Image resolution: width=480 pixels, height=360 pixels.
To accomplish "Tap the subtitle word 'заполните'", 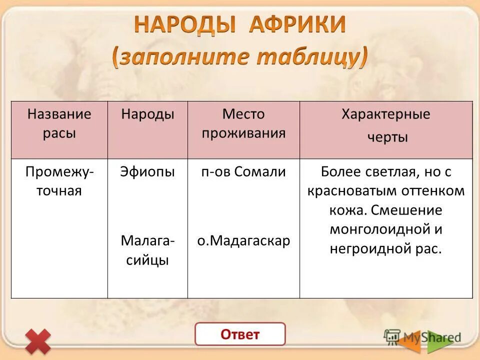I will [181, 57].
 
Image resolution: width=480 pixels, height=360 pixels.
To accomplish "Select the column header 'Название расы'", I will [59, 123].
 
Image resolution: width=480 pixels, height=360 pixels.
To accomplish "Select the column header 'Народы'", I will [147, 114].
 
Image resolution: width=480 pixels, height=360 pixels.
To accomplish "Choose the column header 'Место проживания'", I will [243, 123].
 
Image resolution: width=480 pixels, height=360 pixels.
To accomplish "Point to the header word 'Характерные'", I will [385, 114].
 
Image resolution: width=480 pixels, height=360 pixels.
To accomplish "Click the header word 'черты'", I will [387, 137].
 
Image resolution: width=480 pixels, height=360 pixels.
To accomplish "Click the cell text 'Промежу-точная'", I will [59, 181].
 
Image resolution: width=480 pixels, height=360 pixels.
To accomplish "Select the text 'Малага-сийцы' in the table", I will [147, 250].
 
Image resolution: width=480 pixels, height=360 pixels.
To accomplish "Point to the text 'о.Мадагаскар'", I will [243, 241].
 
